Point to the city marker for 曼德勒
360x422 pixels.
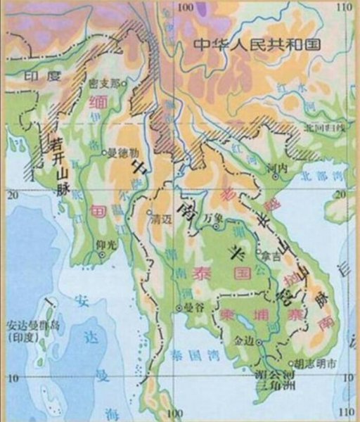coord(103,151)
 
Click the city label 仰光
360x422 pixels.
coord(103,245)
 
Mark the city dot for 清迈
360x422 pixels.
coord(148,210)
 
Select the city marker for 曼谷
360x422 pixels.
coord(179,308)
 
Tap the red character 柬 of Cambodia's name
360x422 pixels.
coord(229,314)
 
